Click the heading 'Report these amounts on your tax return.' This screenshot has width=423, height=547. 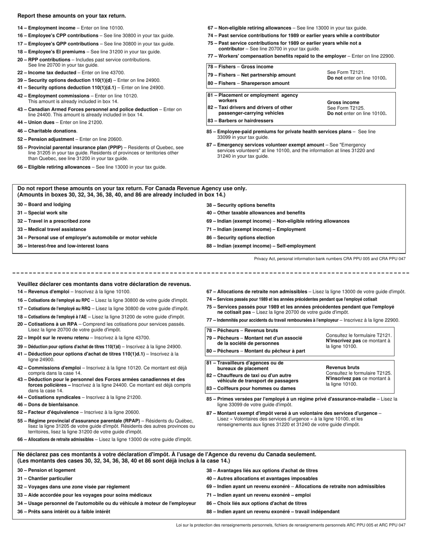coord(65,16)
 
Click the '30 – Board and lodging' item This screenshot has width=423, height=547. coord(44,205)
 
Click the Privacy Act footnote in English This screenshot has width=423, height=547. coord(329,259)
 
